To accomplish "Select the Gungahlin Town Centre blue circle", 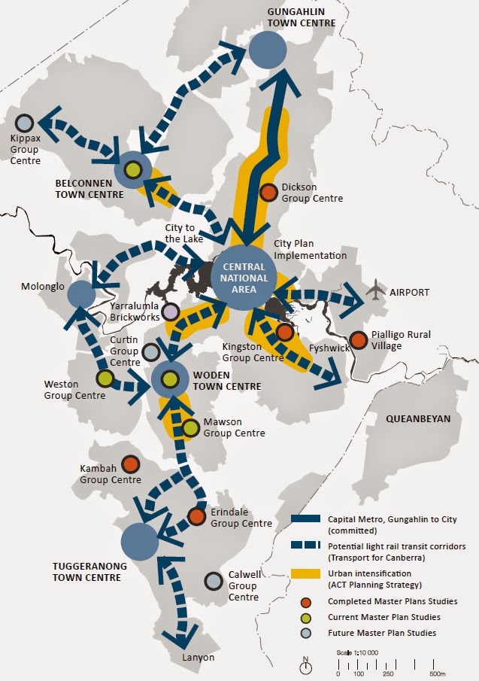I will click(x=268, y=51).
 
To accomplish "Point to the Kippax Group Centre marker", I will click(x=25, y=122).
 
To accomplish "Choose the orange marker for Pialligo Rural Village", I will click(x=359, y=340).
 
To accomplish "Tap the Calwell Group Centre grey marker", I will click(x=214, y=581).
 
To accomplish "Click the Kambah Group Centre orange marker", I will click(x=130, y=464).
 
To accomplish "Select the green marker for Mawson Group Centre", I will click(x=190, y=427).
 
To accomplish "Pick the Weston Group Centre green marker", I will click(x=105, y=378).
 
